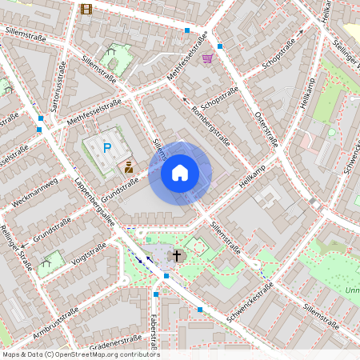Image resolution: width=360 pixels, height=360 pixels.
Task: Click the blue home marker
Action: [x=180, y=172]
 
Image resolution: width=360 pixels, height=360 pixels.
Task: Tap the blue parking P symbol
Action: [x=106, y=147]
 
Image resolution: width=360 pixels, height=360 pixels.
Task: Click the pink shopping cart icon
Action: [x=208, y=58]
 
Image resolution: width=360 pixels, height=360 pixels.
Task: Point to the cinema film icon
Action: [x=86, y=10]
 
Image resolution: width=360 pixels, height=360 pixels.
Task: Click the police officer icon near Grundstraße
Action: [x=127, y=167]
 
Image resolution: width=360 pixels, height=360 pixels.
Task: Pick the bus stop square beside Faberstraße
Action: [x=155, y=294]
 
